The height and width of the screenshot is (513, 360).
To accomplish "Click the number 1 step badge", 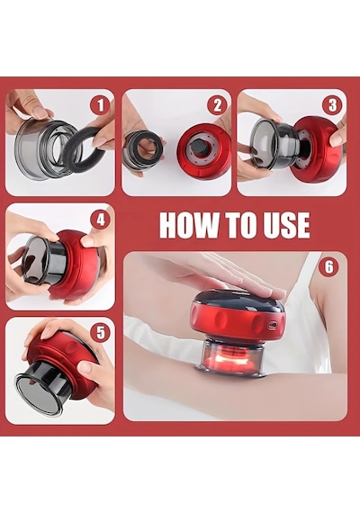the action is [x=100, y=105].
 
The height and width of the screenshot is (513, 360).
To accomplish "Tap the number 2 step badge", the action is [x=217, y=105].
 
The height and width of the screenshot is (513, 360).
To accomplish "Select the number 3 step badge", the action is [x=332, y=105].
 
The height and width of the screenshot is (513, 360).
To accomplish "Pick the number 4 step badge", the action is [x=100, y=220].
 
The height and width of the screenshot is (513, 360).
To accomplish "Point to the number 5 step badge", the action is [x=100, y=333].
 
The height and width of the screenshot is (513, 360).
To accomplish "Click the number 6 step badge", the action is [x=328, y=267].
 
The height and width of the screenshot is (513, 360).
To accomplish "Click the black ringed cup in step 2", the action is [x=143, y=149].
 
